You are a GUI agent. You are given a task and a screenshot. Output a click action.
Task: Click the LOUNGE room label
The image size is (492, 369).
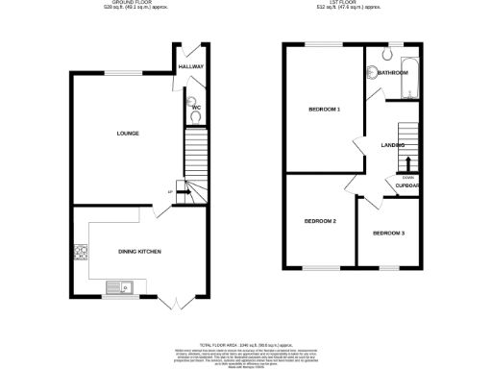(129, 133)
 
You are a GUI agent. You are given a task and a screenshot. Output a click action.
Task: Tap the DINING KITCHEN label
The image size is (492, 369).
(139, 252)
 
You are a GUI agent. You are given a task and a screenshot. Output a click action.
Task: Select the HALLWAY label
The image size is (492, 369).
(189, 66)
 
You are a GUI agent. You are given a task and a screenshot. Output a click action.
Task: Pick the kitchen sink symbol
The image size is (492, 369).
(122, 285)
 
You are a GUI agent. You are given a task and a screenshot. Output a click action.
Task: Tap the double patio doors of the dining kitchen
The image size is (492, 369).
(174, 303)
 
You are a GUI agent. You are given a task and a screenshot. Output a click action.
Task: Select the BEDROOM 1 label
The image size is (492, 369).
(324, 110)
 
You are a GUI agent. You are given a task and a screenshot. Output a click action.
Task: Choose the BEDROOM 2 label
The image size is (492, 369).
(320, 221)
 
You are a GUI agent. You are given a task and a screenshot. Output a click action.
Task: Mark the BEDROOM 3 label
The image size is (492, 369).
(388, 234)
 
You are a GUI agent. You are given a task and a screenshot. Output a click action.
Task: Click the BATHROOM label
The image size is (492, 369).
(393, 72)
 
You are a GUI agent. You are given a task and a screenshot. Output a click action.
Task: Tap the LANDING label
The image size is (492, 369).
(392, 145)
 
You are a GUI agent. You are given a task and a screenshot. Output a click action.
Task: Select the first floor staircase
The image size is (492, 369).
(408, 142)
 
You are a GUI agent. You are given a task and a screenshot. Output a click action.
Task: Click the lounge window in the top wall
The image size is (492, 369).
(118, 74)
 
